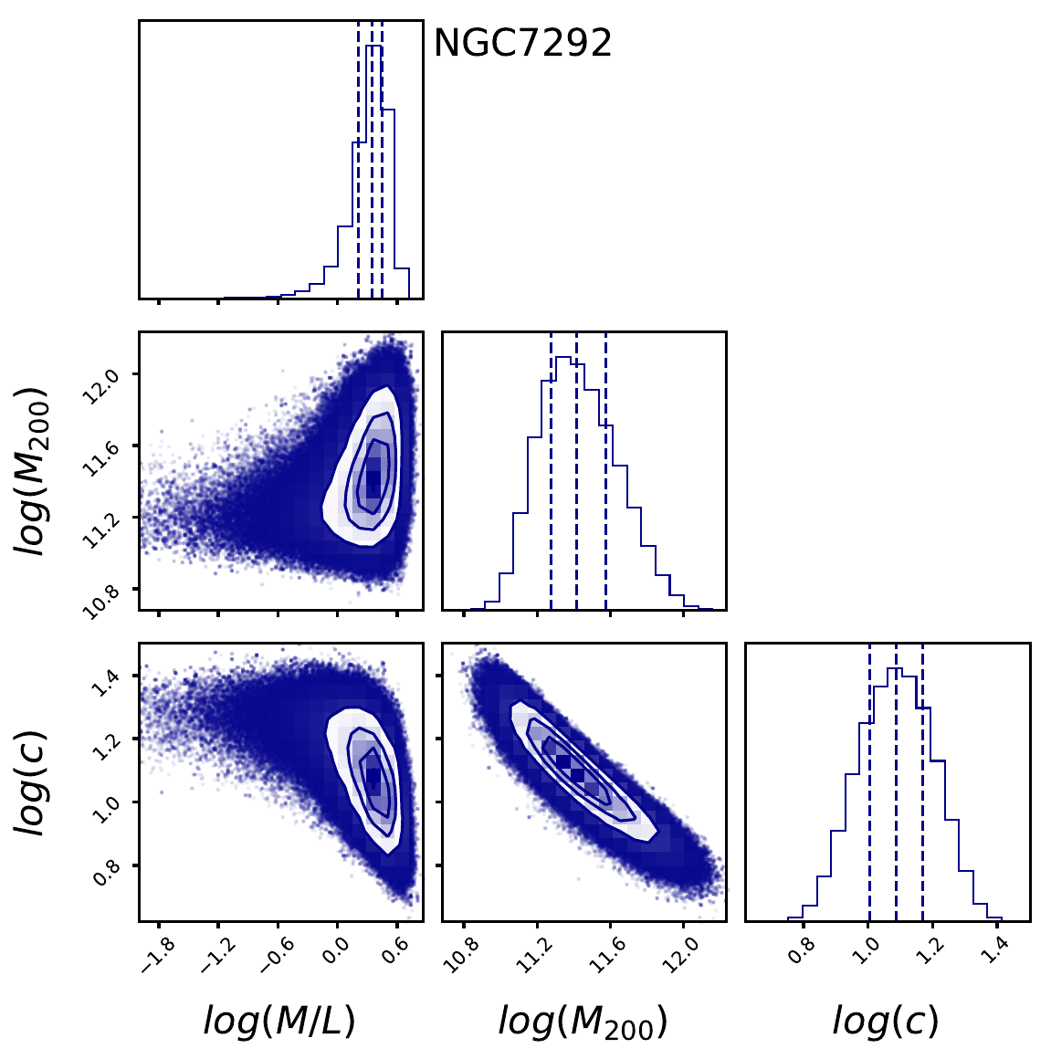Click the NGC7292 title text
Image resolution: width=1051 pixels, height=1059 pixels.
pyautogui.click(x=522, y=43)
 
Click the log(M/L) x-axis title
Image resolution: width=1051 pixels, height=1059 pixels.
pyautogui.click(x=279, y=1021)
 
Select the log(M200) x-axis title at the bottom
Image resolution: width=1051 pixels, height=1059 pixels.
pyautogui.click(x=583, y=1022)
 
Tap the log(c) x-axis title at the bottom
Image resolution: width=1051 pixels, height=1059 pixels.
pyautogui.click(x=886, y=1021)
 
